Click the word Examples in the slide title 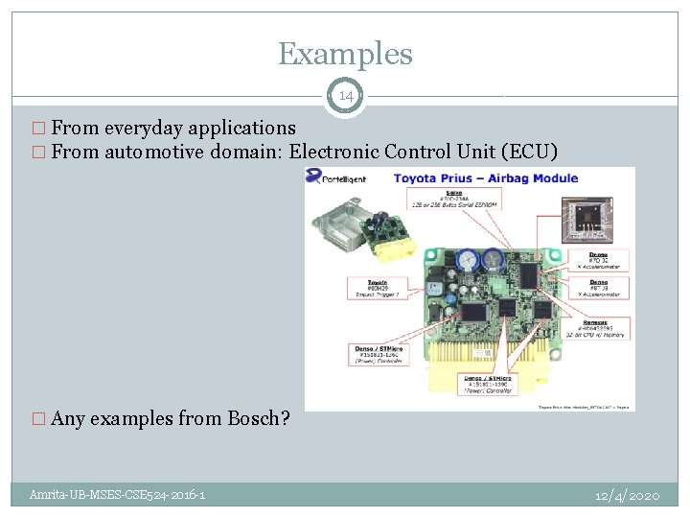[x=345, y=54]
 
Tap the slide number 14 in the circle [x=345, y=95]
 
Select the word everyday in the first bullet [x=145, y=128]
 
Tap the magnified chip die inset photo [x=586, y=220]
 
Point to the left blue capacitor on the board [x=469, y=258]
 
